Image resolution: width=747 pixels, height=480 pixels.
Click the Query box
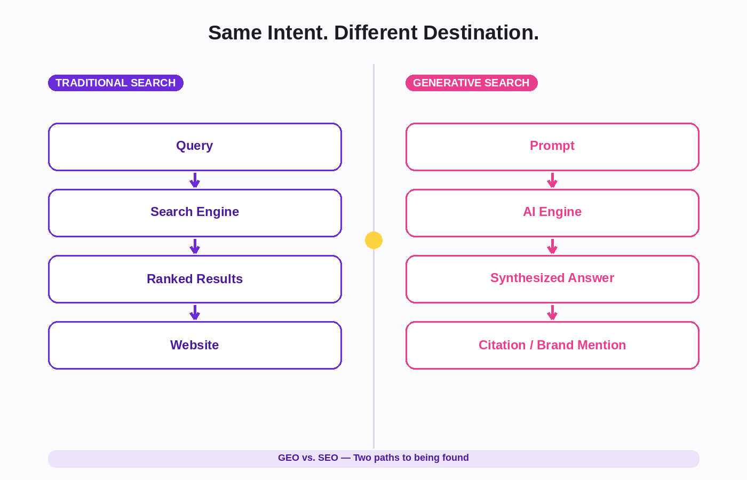195,147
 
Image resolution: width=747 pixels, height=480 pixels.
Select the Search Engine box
195,213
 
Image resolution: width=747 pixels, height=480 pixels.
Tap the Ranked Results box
195,279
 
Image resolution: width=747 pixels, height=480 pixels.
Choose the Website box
195,346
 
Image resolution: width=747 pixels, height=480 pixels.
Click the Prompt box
553,147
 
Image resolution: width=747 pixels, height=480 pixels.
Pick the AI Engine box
553,213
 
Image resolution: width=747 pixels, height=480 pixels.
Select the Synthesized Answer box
553,279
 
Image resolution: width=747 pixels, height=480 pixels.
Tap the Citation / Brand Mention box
553,346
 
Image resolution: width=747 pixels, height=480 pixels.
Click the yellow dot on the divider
373,241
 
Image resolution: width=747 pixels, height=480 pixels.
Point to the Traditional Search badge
116,83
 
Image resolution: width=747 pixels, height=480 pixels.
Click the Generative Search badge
472,83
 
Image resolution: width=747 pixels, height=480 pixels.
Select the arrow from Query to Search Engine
195,180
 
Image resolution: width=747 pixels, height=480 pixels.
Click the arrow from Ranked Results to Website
195,313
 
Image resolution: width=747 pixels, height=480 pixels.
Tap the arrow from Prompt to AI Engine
553,180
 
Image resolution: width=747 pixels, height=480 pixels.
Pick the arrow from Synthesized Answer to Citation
553,313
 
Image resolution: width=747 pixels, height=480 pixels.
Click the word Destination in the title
481,33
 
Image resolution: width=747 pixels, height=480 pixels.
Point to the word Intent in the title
298,33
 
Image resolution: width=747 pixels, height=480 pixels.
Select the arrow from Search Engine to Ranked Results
195,246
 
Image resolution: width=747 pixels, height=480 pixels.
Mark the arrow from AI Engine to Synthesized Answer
553,246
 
